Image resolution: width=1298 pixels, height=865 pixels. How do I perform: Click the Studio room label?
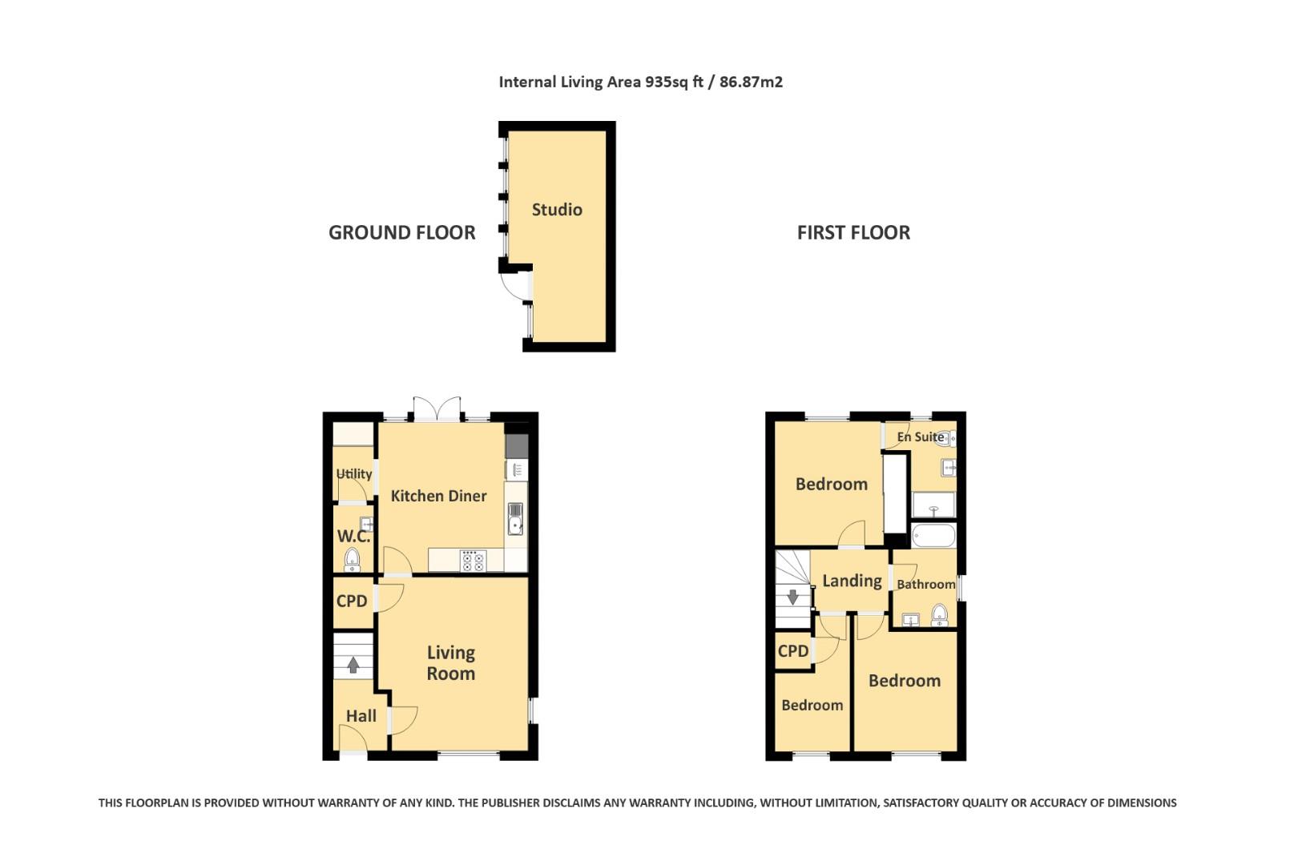tap(557, 210)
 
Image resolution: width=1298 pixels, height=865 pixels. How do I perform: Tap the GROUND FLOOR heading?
tap(401, 233)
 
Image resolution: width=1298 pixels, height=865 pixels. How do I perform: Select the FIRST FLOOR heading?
tap(853, 233)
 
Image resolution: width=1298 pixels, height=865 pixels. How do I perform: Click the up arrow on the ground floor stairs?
tap(353, 664)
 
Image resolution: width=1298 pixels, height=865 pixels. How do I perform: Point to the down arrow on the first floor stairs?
tap(792, 597)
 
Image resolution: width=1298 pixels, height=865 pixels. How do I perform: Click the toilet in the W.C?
tap(353, 560)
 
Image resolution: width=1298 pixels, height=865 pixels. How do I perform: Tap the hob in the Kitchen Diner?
tap(473, 561)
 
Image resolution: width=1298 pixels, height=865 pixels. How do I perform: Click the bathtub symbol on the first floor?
tap(933, 535)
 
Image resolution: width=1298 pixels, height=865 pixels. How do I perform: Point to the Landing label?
tap(852, 581)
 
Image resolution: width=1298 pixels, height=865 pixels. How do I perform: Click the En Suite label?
tap(920, 437)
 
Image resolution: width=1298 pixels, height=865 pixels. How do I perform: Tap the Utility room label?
tap(353, 474)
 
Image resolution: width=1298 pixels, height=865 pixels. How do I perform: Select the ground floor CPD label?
tap(352, 601)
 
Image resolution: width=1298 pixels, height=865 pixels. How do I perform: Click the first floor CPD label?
tap(792, 651)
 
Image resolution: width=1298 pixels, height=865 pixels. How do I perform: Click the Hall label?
tap(361, 716)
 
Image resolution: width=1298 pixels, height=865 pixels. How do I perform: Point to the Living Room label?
tap(450, 663)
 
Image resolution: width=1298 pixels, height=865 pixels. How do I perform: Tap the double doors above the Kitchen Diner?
tap(437, 408)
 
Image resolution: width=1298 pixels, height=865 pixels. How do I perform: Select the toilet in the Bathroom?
tap(939, 615)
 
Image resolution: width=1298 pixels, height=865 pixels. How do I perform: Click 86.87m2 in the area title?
tap(751, 82)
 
